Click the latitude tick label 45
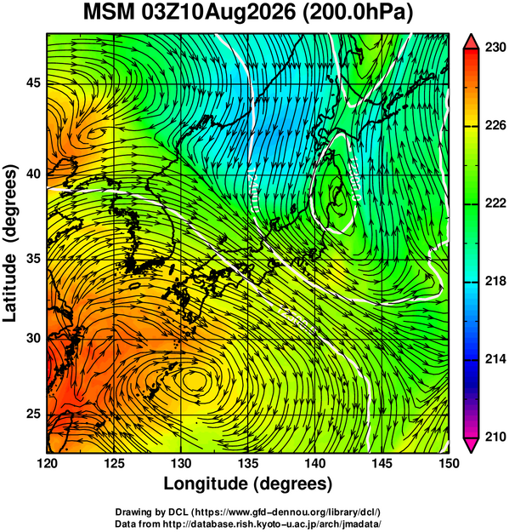(x=33, y=83)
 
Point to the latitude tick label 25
(x=33, y=415)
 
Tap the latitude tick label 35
(x=33, y=259)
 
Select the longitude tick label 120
(x=47, y=463)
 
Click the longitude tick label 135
(x=249, y=463)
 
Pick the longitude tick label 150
(x=449, y=463)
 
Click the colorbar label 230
(x=495, y=48)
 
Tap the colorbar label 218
(x=495, y=281)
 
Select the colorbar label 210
(x=495, y=437)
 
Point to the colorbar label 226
(x=495, y=125)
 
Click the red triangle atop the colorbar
(x=472, y=42)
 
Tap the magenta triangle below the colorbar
(x=472, y=445)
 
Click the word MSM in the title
(x=109, y=13)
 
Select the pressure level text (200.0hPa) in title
(x=357, y=14)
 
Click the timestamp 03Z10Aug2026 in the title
(x=218, y=13)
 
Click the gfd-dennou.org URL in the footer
(x=288, y=512)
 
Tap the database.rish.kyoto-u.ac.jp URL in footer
(x=272, y=523)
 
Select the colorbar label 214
(x=495, y=359)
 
